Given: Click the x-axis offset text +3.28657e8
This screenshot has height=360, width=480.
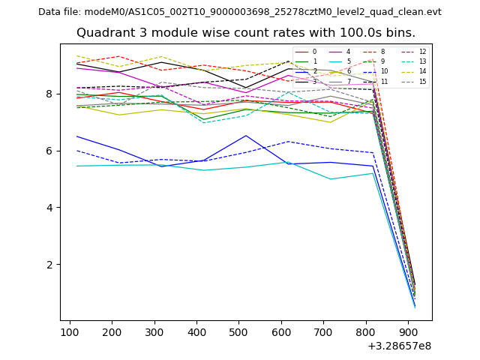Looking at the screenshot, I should point(399,346).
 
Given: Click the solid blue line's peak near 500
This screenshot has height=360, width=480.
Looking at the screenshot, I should point(246,136).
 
